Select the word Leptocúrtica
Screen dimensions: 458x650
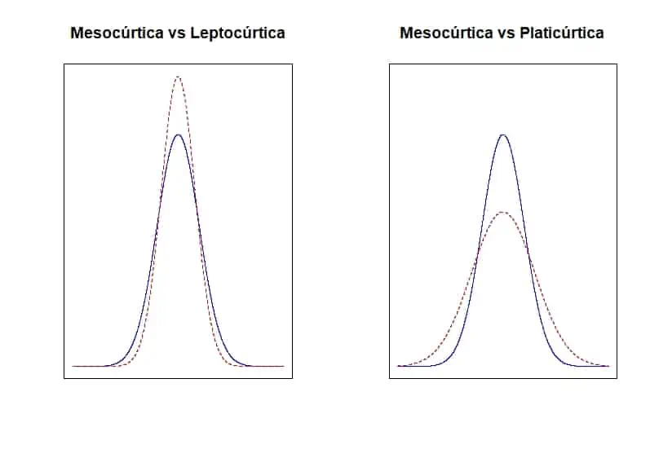click(236, 33)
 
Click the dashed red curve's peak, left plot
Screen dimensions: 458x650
click(178, 77)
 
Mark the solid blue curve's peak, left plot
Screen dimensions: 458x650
click(178, 134)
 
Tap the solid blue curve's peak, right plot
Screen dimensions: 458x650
click(503, 134)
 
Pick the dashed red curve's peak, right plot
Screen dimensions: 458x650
click(503, 212)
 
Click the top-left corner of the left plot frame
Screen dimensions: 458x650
click(64, 64)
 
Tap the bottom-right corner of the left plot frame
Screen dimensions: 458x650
click(292, 378)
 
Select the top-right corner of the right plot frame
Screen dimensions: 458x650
click(617, 64)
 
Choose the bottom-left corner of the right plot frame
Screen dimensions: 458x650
click(390, 378)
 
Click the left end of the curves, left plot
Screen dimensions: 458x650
click(73, 366)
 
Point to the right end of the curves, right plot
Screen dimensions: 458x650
click(608, 366)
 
